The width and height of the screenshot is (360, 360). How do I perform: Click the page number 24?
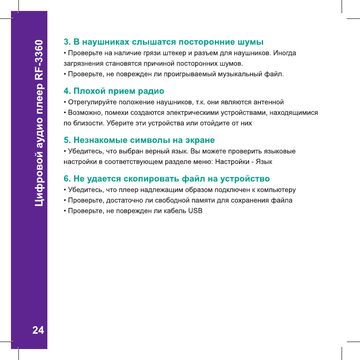pos(38,330)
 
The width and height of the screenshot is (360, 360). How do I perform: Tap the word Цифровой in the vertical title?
pos(39,184)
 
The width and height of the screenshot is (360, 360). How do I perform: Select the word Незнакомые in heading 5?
pos(98,140)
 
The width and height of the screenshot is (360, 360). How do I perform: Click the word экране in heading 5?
pos(201,140)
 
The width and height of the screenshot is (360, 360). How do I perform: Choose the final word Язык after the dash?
pos(264,161)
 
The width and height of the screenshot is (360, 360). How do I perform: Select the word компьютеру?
pos(278,190)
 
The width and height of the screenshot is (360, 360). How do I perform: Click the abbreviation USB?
pos(195,211)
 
